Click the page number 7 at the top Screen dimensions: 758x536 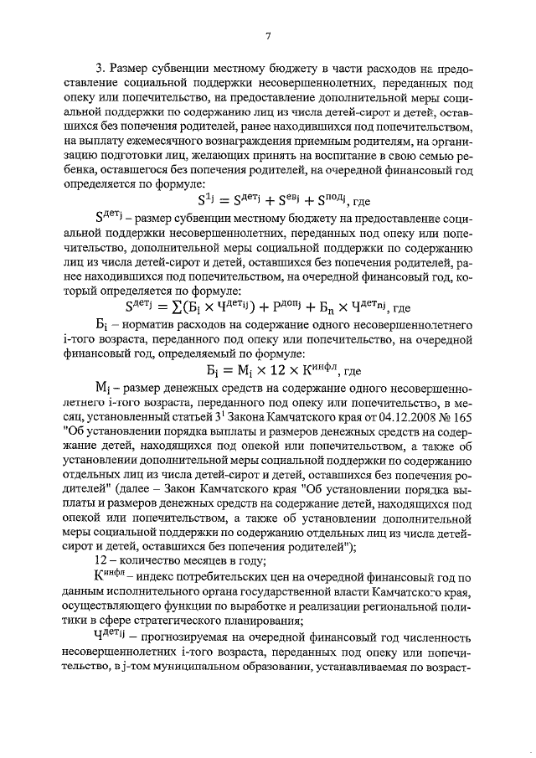pyautogui.click(x=268, y=36)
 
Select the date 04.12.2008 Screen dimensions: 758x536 pyautogui.click(x=386, y=414)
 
